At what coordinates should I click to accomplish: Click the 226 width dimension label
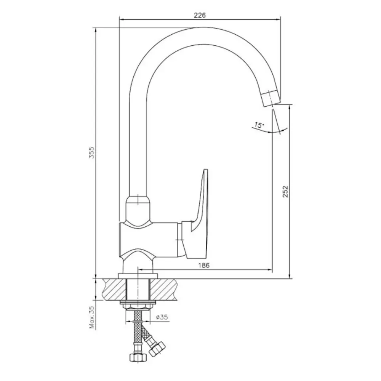point(200,15)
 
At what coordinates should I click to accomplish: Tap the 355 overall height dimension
point(91,152)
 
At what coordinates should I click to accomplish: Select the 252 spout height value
point(285,192)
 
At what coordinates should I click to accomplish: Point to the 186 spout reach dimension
point(203,265)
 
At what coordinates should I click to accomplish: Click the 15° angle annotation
point(259,125)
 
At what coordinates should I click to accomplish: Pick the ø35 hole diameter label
point(162,317)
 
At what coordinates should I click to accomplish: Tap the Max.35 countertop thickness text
point(92,317)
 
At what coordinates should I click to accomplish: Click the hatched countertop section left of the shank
point(115,289)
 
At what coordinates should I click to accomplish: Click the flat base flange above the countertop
point(138,276)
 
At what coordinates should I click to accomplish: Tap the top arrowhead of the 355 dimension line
point(96,30)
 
